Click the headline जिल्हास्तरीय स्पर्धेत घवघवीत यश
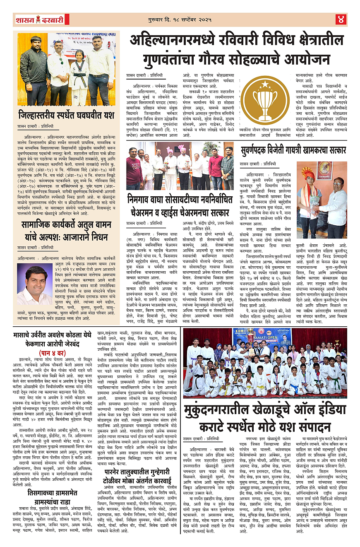tap(66, 115)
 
